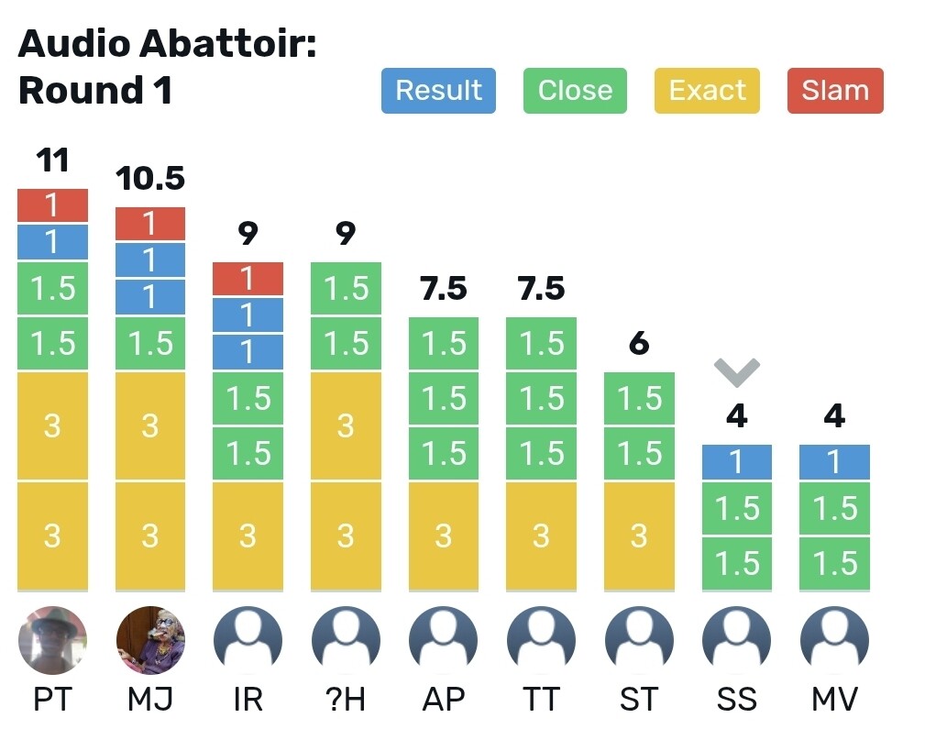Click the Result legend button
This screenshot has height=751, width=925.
tap(438, 90)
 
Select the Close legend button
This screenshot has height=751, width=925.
tap(575, 90)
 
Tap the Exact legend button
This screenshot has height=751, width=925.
tap(708, 90)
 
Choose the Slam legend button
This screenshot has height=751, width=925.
tap(835, 90)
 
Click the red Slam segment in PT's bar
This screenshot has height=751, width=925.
tap(52, 205)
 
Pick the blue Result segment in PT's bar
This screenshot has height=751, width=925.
tap(52, 242)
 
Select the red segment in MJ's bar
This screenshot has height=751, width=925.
tap(150, 224)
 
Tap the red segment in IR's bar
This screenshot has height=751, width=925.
tap(248, 279)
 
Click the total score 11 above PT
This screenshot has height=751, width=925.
tap(52, 160)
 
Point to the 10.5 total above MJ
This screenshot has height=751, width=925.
tap(150, 178)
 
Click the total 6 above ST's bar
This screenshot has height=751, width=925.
tap(639, 343)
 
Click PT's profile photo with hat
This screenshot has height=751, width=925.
tap(52, 640)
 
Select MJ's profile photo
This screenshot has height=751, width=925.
tap(150, 640)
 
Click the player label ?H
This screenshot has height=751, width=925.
tap(346, 699)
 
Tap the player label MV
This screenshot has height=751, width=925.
tap(834, 699)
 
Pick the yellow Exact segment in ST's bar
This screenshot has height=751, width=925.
tap(639, 536)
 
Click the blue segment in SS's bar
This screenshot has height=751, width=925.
tap(737, 462)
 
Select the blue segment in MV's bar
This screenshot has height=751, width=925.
tap(834, 462)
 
